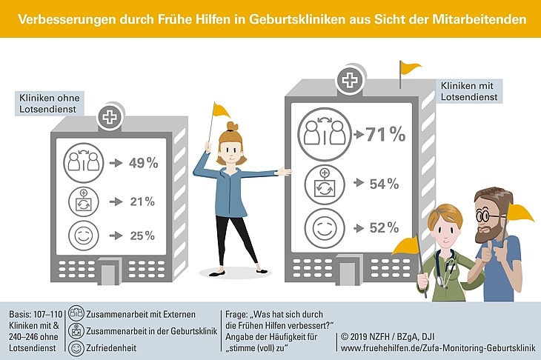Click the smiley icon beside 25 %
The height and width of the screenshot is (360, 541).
tap(82, 237)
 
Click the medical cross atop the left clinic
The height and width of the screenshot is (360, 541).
tap(109, 116)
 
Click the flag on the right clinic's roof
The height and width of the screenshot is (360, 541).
tap(408, 68)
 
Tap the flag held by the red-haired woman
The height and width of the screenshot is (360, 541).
tap(221, 110)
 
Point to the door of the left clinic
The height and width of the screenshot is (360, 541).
tap(110, 275)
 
